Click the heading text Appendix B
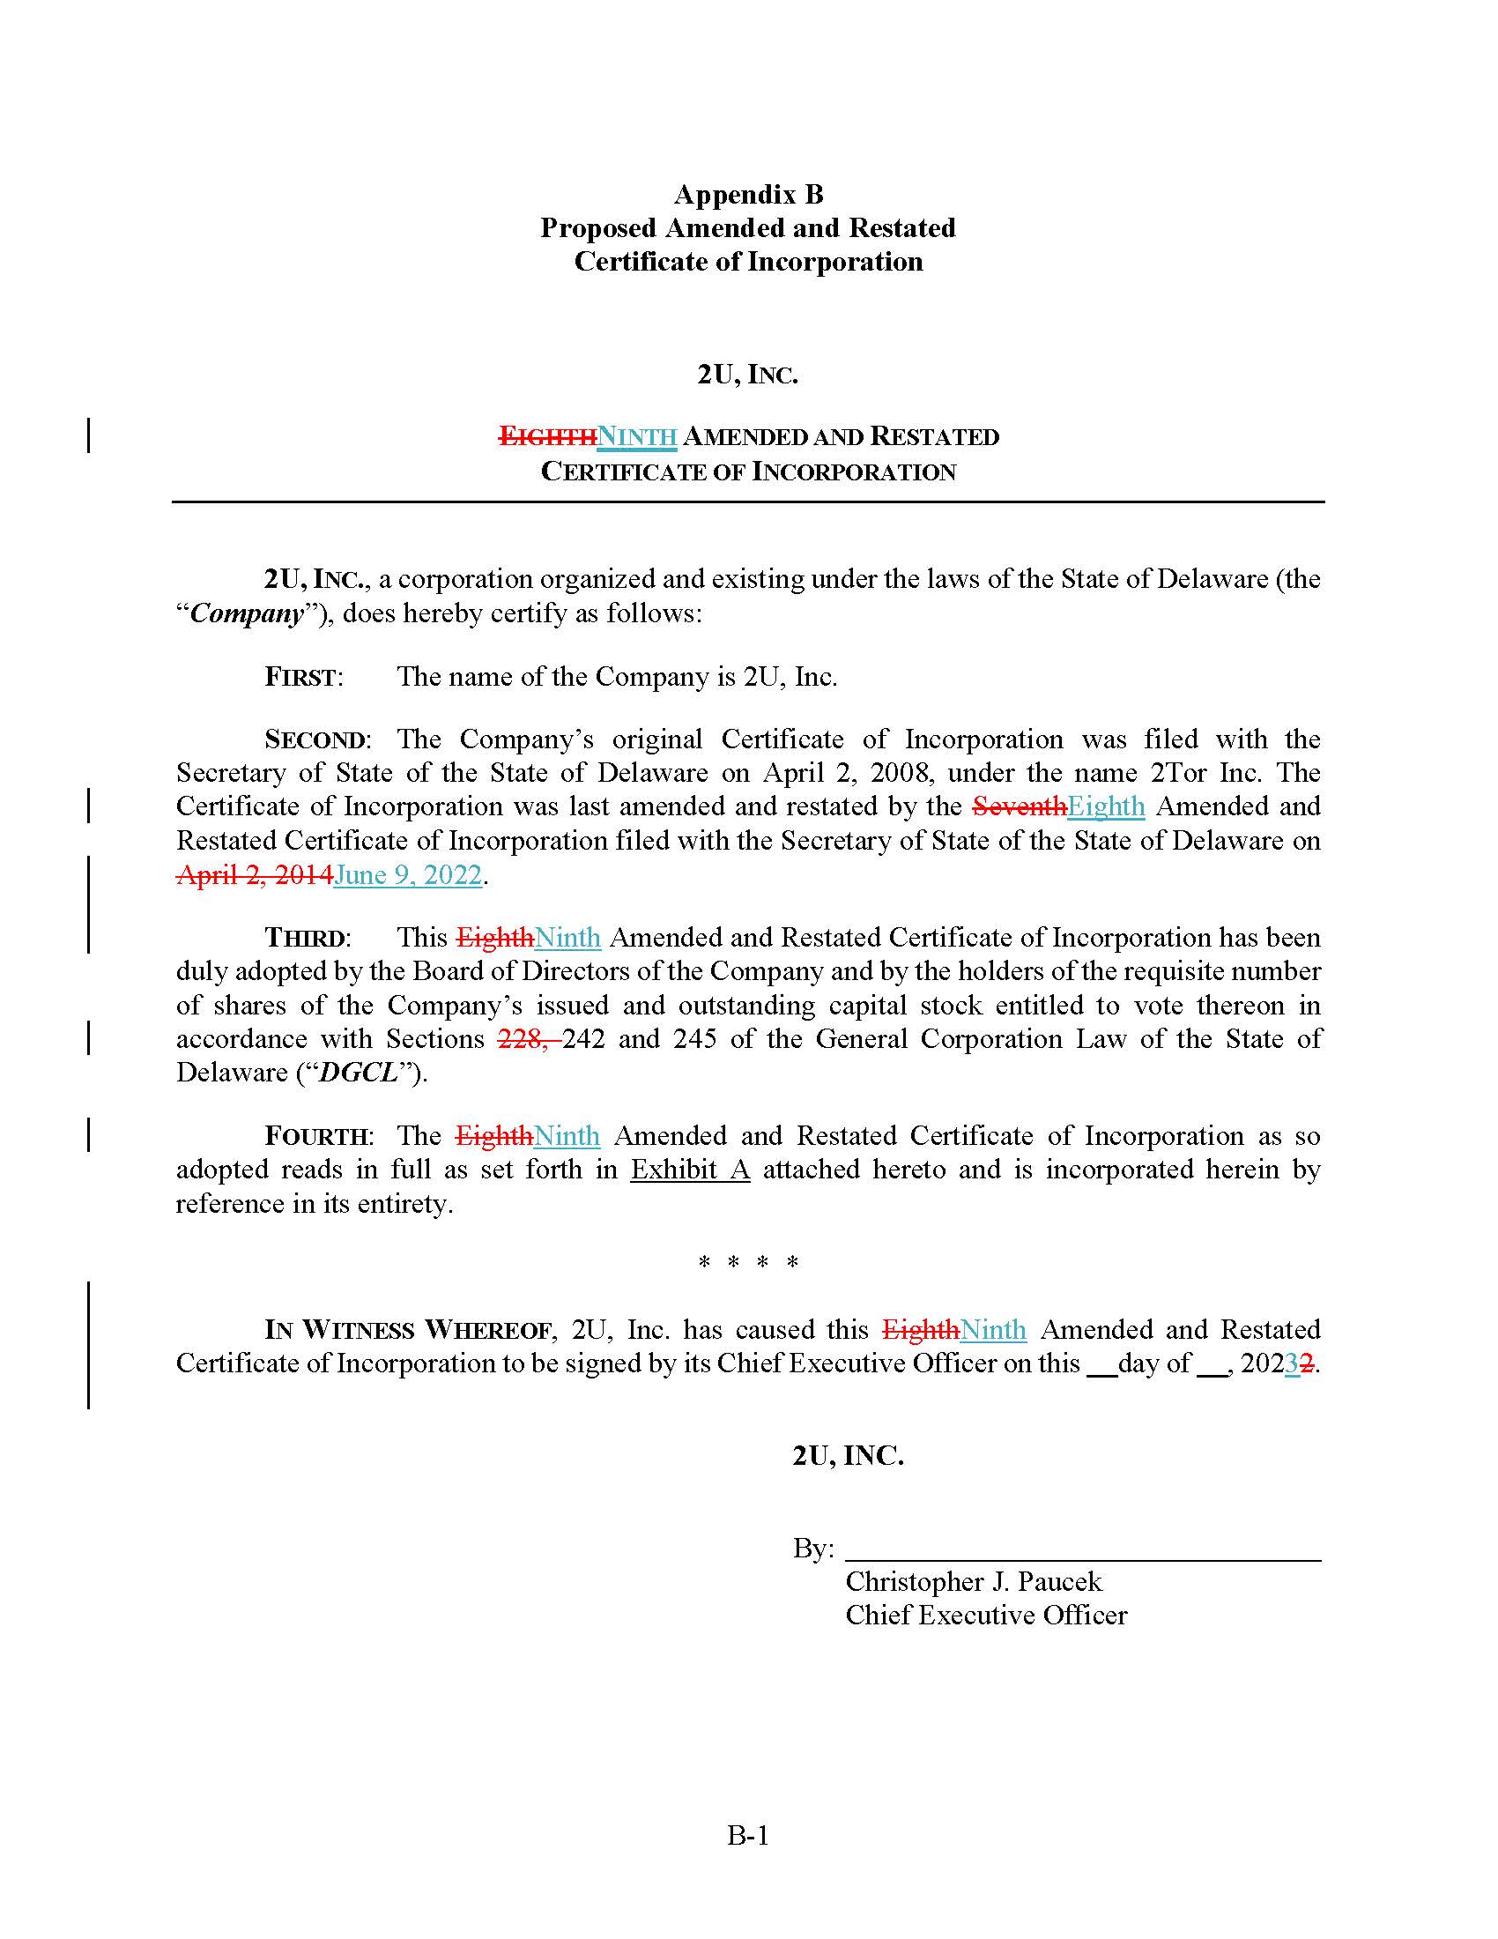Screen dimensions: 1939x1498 click(x=748, y=194)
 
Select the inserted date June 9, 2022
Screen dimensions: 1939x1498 click(x=407, y=874)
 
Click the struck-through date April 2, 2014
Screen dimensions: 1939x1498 click(x=254, y=874)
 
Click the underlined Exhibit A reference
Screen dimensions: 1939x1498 click(x=690, y=1170)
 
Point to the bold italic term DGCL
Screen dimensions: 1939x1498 click(x=358, y=1073)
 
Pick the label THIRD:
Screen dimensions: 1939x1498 click(x=307, y=939)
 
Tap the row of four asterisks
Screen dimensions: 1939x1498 click(x=748, y=1262)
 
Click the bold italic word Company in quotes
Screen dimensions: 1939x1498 click(x=247, y=613)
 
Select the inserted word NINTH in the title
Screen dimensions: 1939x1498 click(x=636, y=437)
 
